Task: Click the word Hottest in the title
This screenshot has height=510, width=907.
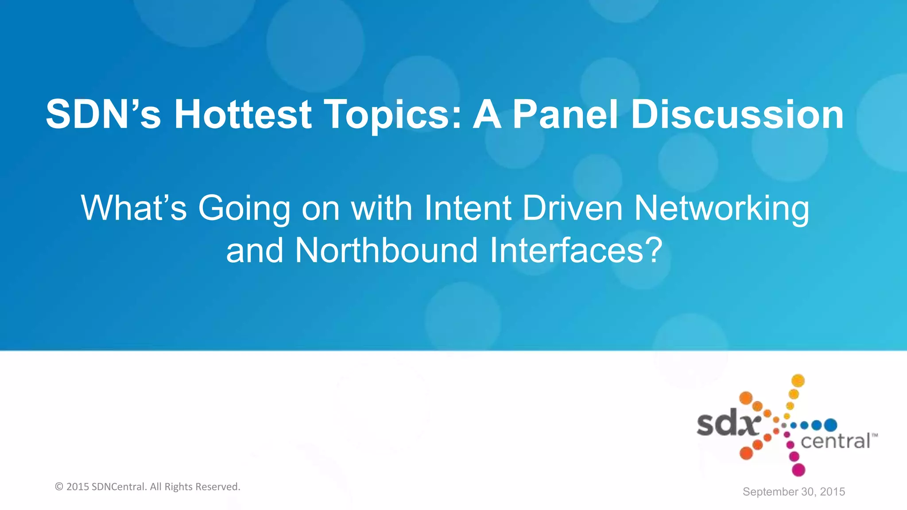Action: tap(243, 115)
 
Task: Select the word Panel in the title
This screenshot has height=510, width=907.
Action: tap(565, 115)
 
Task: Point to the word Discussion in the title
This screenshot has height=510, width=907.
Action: tap(737, 115)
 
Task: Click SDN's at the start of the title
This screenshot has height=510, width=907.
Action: tap(103, 115)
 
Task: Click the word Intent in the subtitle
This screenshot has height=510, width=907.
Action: tap(468, 208)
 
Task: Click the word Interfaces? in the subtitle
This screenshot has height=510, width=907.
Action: tap(576, 251)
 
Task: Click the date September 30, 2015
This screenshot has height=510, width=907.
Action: tap(794, 492)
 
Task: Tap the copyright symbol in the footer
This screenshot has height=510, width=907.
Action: tap(59, 487)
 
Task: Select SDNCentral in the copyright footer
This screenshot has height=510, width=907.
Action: tap(118, 487)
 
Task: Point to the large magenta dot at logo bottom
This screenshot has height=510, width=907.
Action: tap(798, 470)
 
